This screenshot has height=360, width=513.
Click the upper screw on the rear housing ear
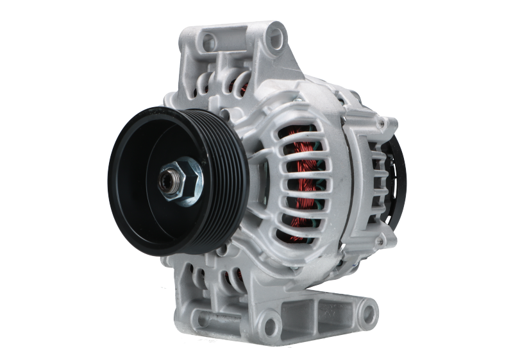point(387,123)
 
